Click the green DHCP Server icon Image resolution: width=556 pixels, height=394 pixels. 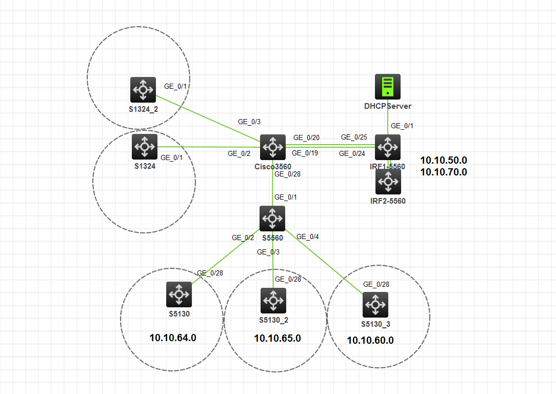point(388,86)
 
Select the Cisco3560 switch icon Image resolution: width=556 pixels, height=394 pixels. point(272,148)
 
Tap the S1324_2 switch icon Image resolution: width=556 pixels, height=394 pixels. point(143,90)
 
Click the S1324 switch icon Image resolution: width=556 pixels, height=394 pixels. point(145,147)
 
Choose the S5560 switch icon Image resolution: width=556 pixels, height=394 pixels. point(272,219)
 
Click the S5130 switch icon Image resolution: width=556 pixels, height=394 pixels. point(179,294)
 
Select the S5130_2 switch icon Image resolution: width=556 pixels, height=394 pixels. point(273,301)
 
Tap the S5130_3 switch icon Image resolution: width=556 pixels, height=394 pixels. point(375,305)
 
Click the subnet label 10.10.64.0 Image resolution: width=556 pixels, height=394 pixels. point(173,338)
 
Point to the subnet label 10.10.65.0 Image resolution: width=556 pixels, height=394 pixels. point(277,338)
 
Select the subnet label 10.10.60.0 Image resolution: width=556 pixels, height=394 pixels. point(370,340)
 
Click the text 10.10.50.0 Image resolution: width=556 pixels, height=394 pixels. point(444,160)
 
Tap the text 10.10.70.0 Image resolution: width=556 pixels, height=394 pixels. point(444,172)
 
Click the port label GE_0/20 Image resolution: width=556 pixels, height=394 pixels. point(306,137)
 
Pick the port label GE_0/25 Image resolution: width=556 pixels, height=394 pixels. point(354,137)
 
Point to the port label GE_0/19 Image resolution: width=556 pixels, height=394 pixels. point(305,153)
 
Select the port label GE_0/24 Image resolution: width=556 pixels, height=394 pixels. point(352,153)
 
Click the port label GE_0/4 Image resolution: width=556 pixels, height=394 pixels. point(308,237)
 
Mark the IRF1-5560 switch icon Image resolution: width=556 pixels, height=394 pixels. point(388,147)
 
